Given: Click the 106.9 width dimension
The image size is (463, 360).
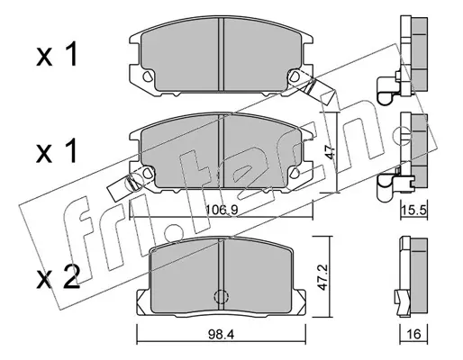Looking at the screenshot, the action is point(222,211).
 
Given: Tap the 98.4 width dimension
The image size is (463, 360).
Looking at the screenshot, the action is point(221,334).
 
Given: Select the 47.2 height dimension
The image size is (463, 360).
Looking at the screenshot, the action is point(322,277).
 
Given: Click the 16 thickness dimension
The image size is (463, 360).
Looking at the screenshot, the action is point(413,334).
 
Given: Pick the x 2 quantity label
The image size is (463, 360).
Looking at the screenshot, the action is point(58,278).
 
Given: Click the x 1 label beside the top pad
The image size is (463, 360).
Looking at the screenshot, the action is point(57,54).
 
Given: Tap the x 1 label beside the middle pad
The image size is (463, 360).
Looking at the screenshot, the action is point(57,151).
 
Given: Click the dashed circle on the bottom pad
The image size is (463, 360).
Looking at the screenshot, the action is point(221,297).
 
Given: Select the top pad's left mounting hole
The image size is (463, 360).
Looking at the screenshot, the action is point(148,76).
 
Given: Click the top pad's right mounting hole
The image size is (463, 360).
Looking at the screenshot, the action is point(295,76).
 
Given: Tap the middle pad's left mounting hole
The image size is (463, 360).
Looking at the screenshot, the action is point(148,173).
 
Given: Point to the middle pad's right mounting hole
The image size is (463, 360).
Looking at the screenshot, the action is point(295,173).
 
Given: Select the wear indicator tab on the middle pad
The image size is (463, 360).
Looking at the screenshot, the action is point(123,187).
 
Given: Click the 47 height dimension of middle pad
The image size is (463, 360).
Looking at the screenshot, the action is point(331,152).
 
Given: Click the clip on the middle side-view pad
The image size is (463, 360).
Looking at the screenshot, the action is point(388,186).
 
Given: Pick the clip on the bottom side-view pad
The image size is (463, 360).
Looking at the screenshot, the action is point(402,303).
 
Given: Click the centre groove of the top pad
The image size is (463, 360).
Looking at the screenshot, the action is point(221,54).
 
